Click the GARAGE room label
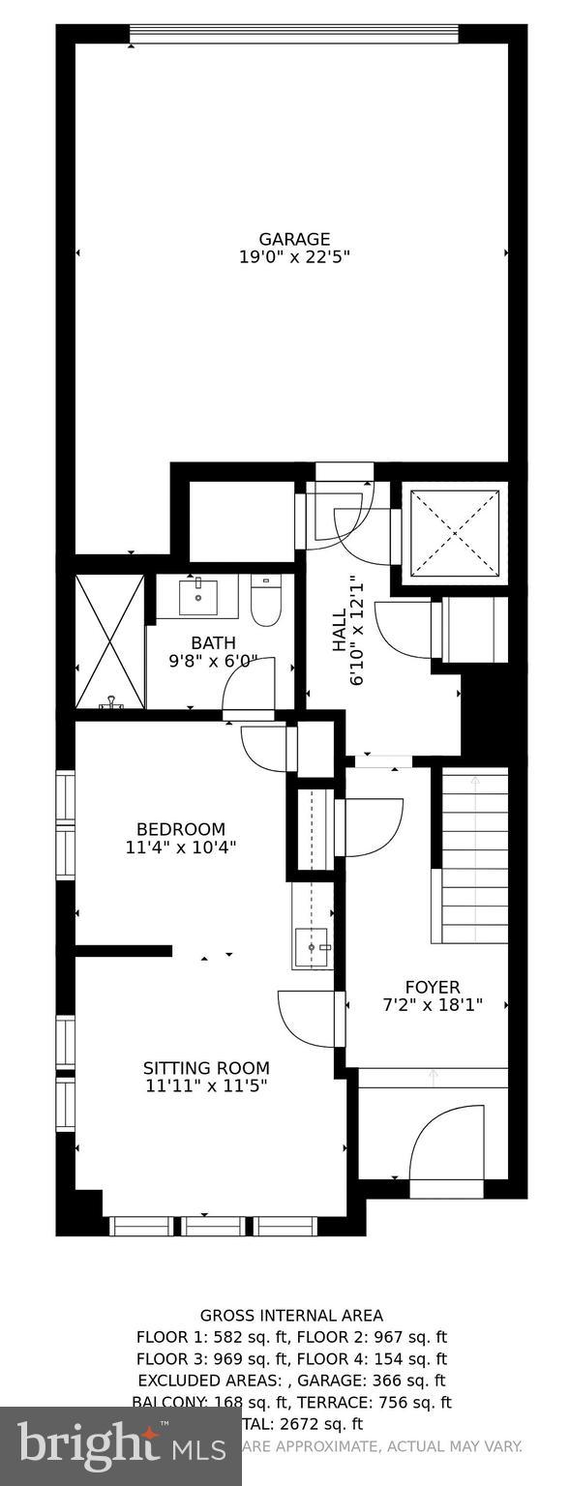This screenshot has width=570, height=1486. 293,239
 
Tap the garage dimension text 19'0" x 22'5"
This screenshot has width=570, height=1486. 293,257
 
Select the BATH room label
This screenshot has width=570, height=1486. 212,642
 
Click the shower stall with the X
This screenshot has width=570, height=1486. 109,639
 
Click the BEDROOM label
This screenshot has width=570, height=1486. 180,829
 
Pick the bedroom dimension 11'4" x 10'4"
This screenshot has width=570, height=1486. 180,847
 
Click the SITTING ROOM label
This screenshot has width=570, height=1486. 206,1068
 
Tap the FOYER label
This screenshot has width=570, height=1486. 432,987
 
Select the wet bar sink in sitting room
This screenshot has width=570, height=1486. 313,947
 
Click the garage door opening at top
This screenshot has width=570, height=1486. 293,35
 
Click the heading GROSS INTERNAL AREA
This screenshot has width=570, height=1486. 291,1315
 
